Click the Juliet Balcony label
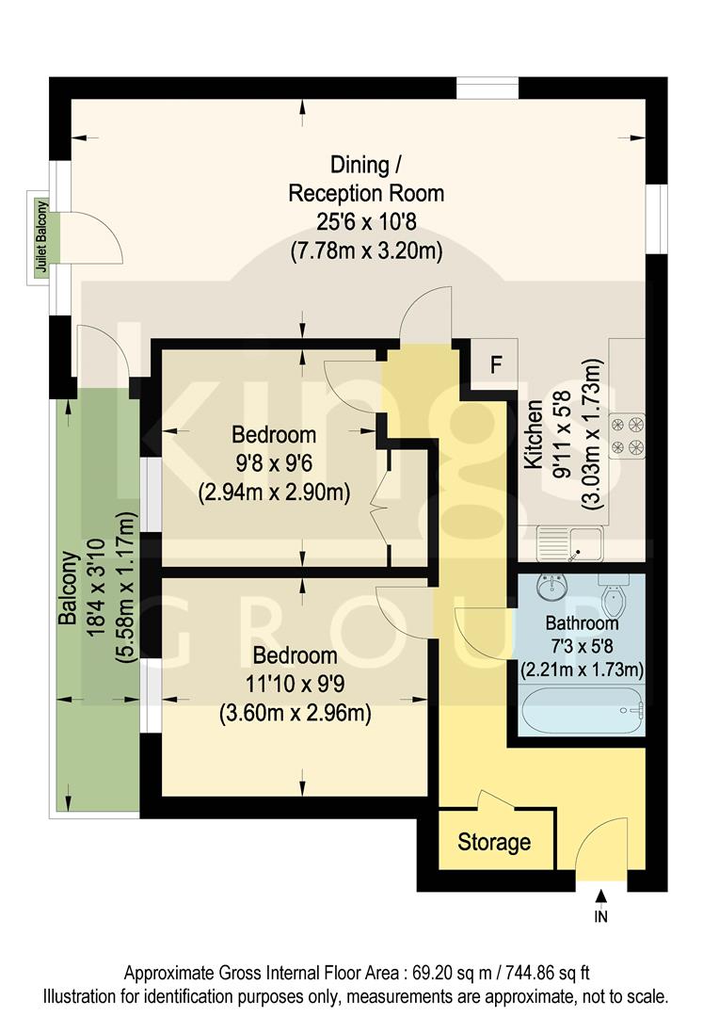click(x=40, y=236)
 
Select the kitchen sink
click(x=569, y=542)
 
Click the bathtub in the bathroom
click(x=578, y=707)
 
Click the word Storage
click(x=494, y=841)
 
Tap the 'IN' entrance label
click(x=601, y=915)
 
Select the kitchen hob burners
click(x=628, y=434)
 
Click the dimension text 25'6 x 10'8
click(x=366, y=223)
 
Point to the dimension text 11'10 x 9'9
click(x=295, y=685)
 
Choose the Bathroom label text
click(x=583, y=623)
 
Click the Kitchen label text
click(x=534, y=434)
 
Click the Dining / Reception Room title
click(x=366, y=180)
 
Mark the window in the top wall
click(x=487, y=88)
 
